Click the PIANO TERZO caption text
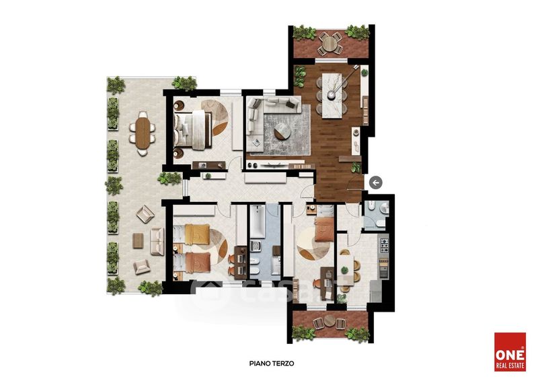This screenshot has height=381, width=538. click(272, 363)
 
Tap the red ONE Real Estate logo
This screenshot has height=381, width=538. click(510, 352)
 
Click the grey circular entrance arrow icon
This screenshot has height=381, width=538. click(376, 182)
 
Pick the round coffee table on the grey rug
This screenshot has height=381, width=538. click(282, 131)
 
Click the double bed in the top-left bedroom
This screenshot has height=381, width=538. click(193, 129)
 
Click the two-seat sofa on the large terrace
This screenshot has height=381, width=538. click(157, 241)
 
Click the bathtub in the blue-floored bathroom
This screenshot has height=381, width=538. click(257, 221)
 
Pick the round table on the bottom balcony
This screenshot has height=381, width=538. click(330, 320)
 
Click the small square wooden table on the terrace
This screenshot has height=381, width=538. click(138, 240)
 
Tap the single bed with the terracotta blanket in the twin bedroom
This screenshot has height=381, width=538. click(192, 263)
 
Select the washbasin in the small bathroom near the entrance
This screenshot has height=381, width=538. click(384, 208)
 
